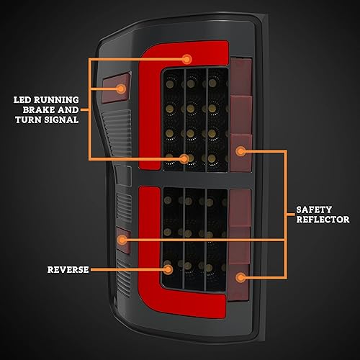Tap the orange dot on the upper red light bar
187,58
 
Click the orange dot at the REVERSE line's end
168,269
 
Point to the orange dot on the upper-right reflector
242,151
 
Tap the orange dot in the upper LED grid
185,158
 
